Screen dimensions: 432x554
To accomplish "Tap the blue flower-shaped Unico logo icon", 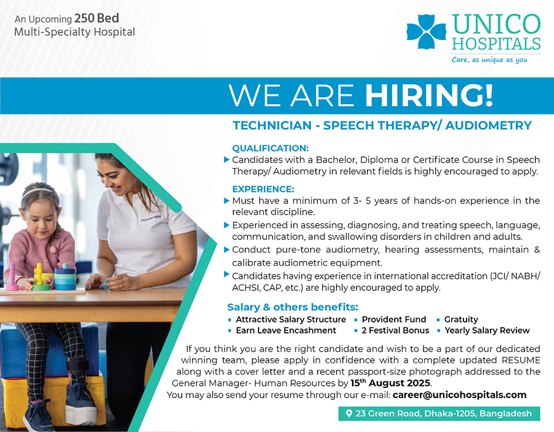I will [x=426, y=32].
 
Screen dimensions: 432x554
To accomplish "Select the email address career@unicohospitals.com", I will [x=459, y=394].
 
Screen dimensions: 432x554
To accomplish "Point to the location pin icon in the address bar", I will [x=349, y=414].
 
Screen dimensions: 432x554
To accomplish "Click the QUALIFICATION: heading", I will [x=270, y=148].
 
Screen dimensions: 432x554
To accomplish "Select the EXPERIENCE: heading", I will [x=263, y=189].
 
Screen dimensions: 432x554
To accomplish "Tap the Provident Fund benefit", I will [x=393, y=319].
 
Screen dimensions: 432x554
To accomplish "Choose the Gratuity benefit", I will [x=461, y=319].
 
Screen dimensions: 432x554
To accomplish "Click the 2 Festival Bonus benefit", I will [x=395, y=330].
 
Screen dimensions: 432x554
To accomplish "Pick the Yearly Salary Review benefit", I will [x=487, y=330].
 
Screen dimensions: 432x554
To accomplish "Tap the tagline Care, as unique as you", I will [x=489, y=60].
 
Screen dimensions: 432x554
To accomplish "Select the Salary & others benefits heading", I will [x=292, y=307].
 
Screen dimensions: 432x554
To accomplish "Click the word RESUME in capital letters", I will [x=520, y=360].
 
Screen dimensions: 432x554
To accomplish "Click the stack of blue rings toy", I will [x=65, y=278].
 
